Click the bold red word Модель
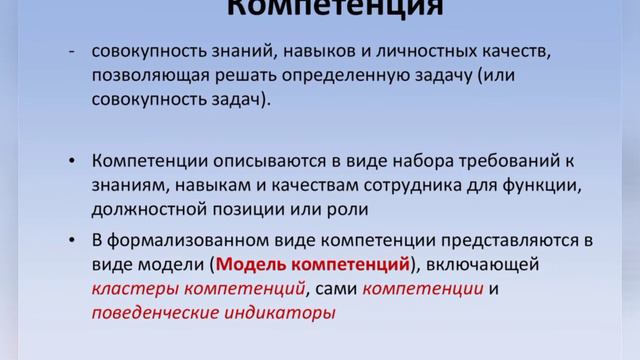click(252, 265)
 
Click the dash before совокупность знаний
click(71, 50)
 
